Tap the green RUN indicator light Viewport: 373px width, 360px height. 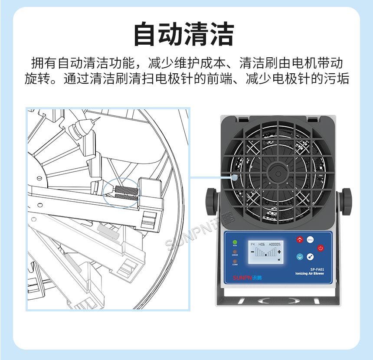(x=235, y=242)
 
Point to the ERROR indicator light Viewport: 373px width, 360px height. (x=235, y=252)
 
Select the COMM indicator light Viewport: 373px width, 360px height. (x=235, y=261)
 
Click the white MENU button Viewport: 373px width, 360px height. (x=310, y=239)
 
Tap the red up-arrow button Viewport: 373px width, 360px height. (x=299, y=239)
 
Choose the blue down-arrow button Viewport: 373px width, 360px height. (x=299, y=257)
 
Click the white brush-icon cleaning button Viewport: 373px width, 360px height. (x=310, y=257)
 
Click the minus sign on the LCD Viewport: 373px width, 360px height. (x=252, y=252)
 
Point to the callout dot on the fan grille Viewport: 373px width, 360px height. (x=235, y=177)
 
